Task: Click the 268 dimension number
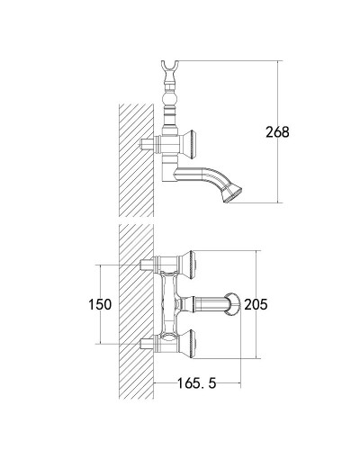[277, 132]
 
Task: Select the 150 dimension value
[100, 304]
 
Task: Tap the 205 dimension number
[256, 304]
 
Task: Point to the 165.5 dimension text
[197, 383]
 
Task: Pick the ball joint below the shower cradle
[170, 98]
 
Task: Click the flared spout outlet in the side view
[231, 193]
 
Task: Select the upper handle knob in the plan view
[188, 265]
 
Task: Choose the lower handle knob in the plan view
[188, 344]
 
